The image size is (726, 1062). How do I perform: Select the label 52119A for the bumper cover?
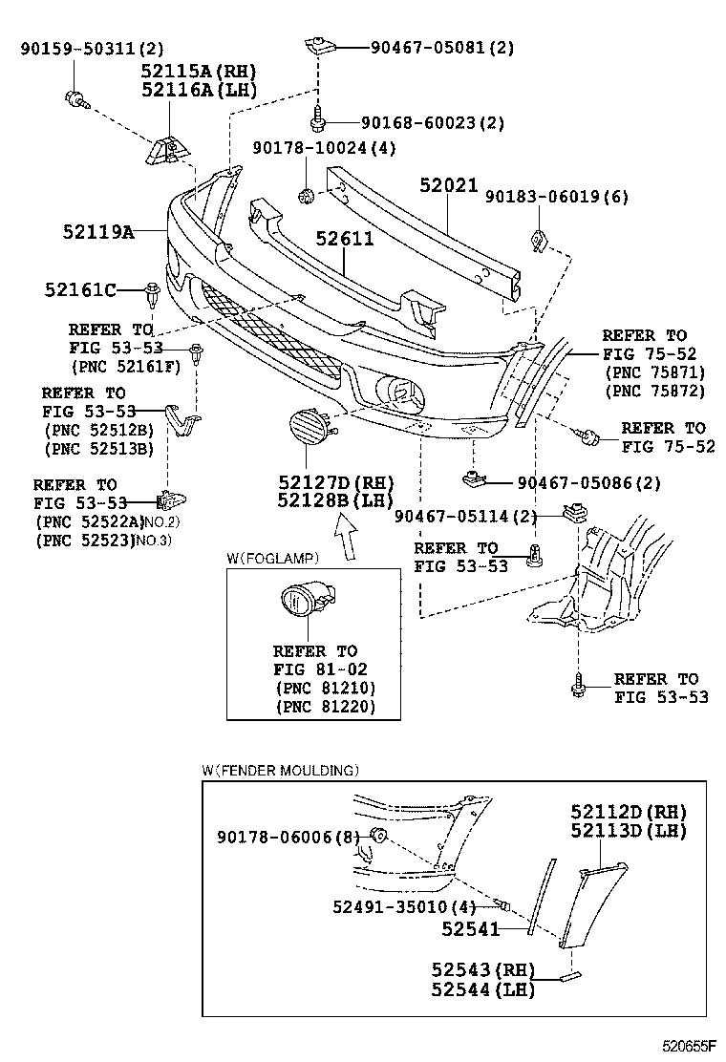(x=98, y=230)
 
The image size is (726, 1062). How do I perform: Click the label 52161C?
(x=80, y=288)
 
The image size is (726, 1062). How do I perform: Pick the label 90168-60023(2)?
(x=433, y=122)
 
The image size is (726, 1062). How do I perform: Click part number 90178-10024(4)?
(x=324, y=148)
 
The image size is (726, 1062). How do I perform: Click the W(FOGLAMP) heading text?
(x=272, y=558)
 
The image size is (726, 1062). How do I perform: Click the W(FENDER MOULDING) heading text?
(x=280, y=770)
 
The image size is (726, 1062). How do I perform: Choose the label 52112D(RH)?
(x=629, y=811)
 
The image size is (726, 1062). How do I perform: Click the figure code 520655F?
(x=694, y=1046)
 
